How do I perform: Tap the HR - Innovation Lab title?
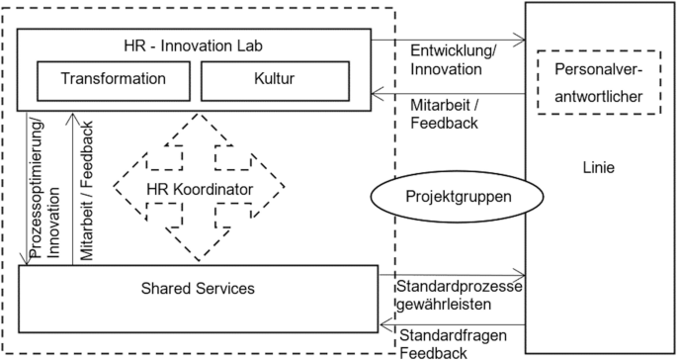tap(193, 45)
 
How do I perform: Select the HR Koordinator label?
tap(198, 188)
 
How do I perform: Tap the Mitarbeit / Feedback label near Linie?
tap(444, 115)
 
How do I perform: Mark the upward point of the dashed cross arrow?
tap(198, 117)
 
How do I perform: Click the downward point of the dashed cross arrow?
tap(198, 259)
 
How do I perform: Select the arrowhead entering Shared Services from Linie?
tap(383, 322)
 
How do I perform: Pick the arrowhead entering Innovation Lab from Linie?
tap(376, 94)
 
